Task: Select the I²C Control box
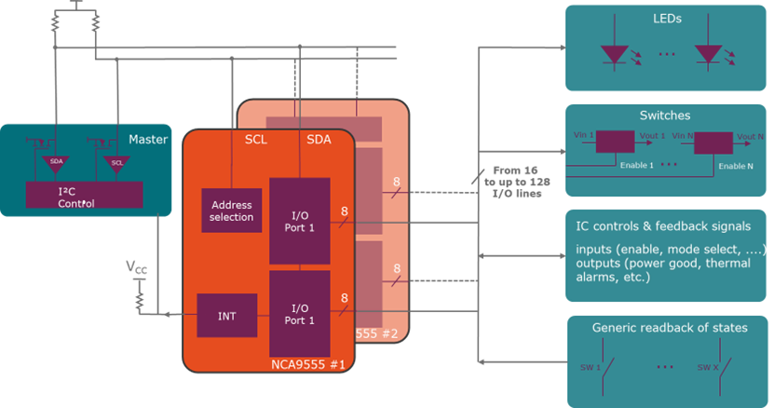(84, 195)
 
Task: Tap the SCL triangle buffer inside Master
(116, 162)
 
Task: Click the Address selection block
(232, 211)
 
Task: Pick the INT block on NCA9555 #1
(226, 315)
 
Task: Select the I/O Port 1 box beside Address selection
(299, 220)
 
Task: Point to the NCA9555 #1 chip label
(306, 364)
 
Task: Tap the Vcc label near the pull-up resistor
(137, 268)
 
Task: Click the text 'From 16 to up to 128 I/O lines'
(515, 183)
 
